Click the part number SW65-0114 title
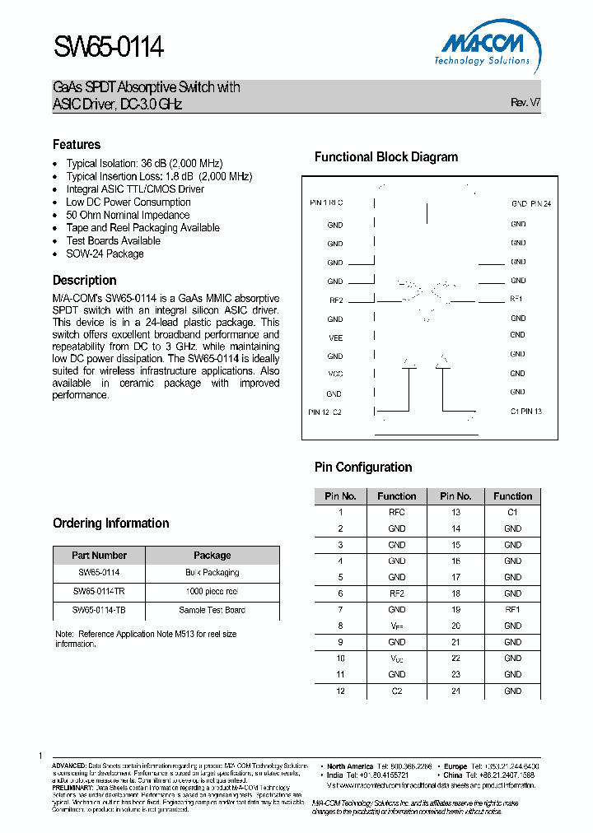108,49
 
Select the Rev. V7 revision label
525,104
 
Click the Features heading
77,144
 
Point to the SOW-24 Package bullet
105,254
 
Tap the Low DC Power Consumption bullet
128,202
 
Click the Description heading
84,280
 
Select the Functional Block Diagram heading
385,157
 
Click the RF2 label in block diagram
334,300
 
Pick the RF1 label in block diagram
516,299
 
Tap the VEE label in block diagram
334,338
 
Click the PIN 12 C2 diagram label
325,412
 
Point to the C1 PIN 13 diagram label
525,411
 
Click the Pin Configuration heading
363,468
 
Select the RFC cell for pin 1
396,512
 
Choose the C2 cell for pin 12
396,691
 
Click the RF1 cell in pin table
512,610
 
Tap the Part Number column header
99,556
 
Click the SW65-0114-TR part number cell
99,591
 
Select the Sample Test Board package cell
212,610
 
